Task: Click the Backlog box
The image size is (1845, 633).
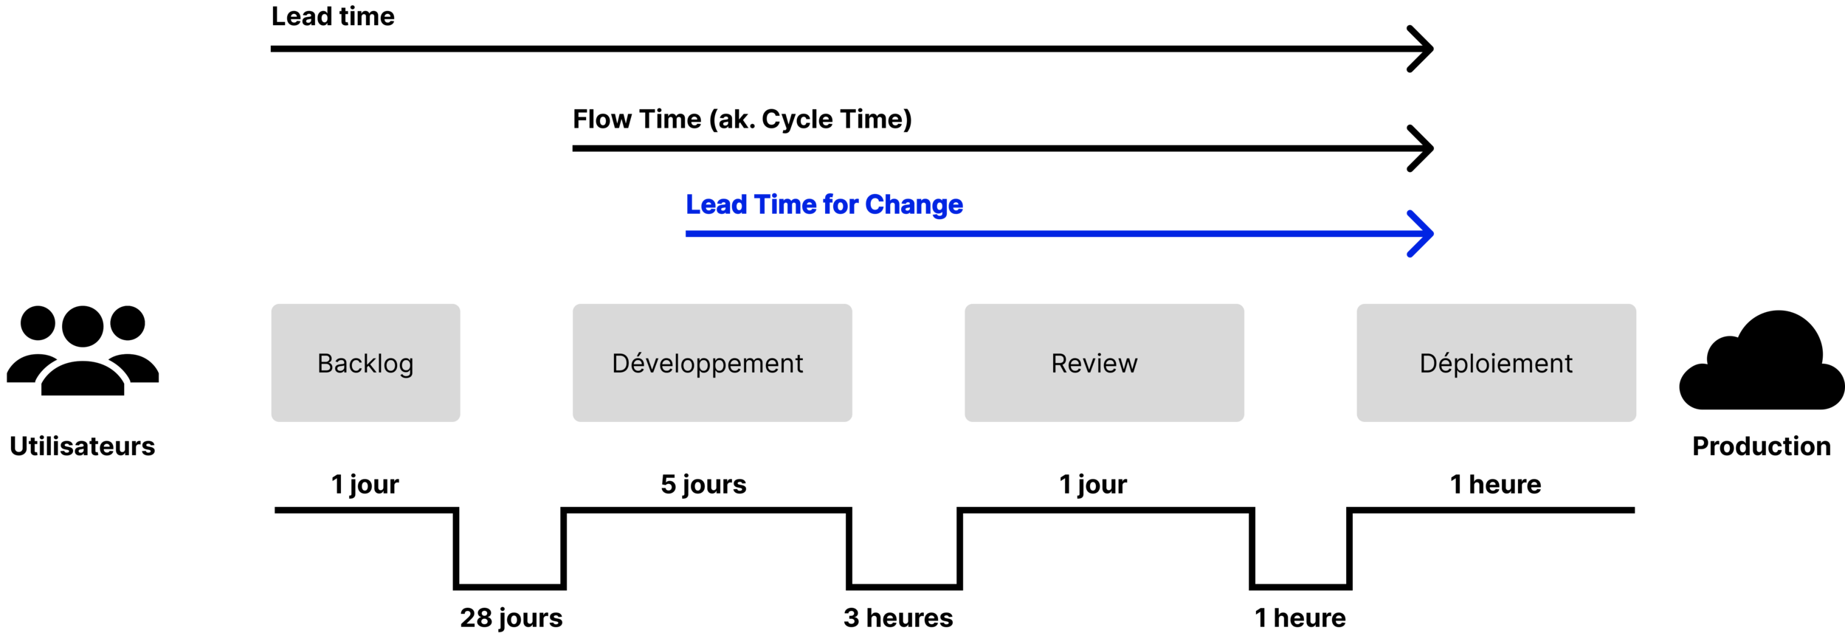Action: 365,363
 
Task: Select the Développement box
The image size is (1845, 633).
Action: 712,363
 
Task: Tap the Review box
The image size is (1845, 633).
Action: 1104,363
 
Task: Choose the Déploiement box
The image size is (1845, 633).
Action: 1496,363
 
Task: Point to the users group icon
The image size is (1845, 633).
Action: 83,351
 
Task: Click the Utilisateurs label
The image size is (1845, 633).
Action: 83,446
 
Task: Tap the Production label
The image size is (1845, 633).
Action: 1761,446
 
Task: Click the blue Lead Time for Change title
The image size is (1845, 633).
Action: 824,204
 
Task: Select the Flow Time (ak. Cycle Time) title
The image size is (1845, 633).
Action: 742,120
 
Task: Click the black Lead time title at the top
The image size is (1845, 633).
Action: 333,16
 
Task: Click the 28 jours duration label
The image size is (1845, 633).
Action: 511,618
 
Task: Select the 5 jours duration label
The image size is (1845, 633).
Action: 703,485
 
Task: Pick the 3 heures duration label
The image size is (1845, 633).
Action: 898,618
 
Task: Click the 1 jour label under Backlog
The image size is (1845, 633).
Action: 365,485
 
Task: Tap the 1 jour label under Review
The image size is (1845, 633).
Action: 1093,485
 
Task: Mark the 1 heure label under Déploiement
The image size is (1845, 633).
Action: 1495,485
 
